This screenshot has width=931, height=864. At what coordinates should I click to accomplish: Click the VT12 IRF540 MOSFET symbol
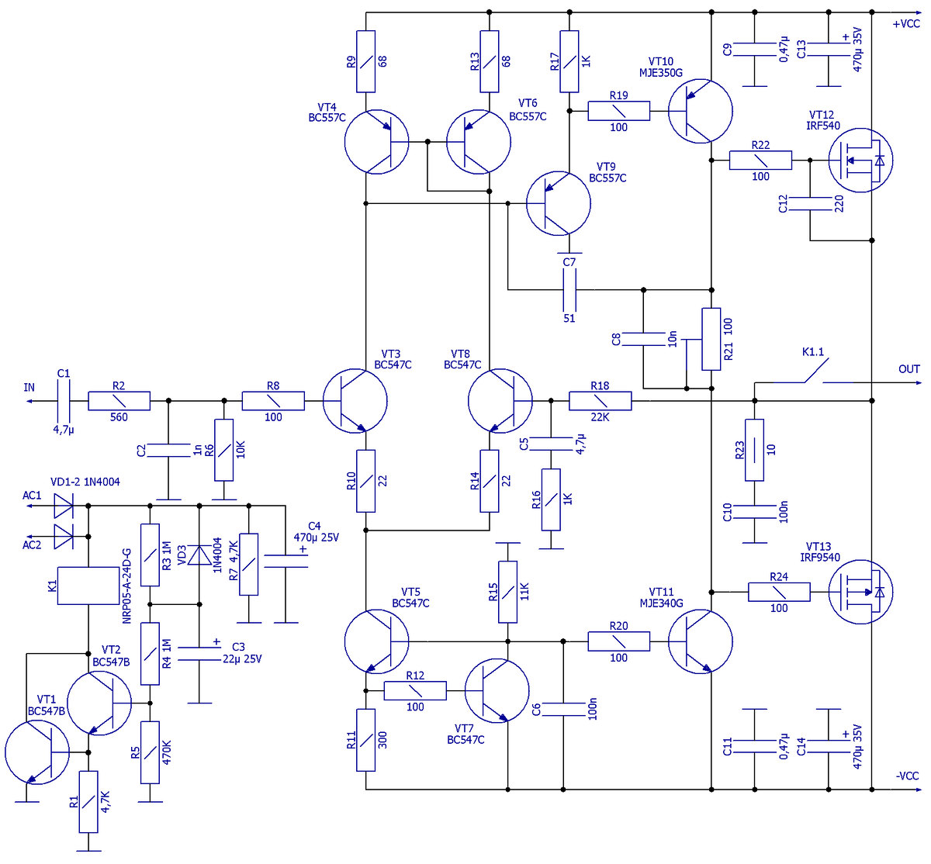tap(860, 161)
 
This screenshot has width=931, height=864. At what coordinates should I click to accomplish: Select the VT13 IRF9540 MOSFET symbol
tap(860, 593)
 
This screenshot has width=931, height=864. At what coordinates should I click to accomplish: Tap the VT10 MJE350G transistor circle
tap(700, 111)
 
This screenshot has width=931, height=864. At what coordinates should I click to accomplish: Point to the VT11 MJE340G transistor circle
tap(700, 641)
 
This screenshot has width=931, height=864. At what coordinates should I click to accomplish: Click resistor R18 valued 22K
tap(600, 401)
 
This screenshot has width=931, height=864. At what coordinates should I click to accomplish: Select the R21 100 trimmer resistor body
tap(711, 339)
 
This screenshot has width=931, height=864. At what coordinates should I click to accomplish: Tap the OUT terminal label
tap(909, 369)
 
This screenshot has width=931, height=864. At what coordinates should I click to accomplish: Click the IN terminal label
tap(29, 388)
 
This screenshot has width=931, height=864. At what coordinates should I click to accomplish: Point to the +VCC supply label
tap(905, 24)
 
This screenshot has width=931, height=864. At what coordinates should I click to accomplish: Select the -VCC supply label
tap(907, 776)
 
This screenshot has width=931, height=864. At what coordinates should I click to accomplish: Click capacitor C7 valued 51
tap(569, 290)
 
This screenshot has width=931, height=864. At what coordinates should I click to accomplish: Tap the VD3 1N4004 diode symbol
tap(199, 555)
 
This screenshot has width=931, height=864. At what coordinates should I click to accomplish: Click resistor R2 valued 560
tap(119, 401)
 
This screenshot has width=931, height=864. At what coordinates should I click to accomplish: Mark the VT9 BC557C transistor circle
tap(558, 203)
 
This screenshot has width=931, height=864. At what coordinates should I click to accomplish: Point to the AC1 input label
tap(32, 496)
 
